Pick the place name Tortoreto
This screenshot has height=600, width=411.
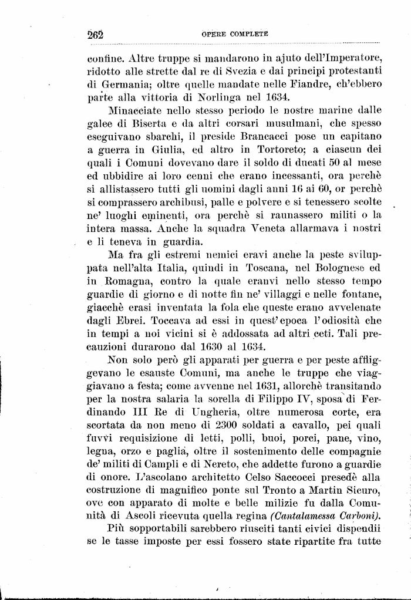coord(245,149)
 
